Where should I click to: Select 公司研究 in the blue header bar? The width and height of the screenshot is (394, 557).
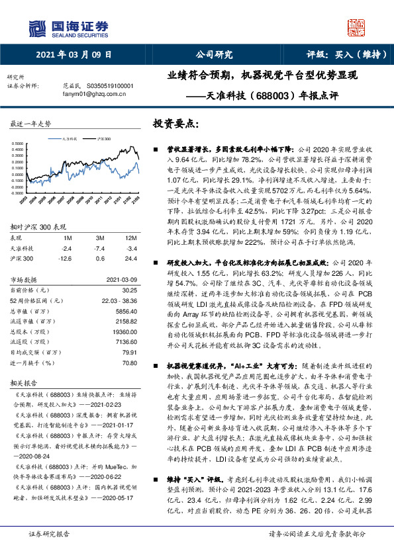click(214, 55)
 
